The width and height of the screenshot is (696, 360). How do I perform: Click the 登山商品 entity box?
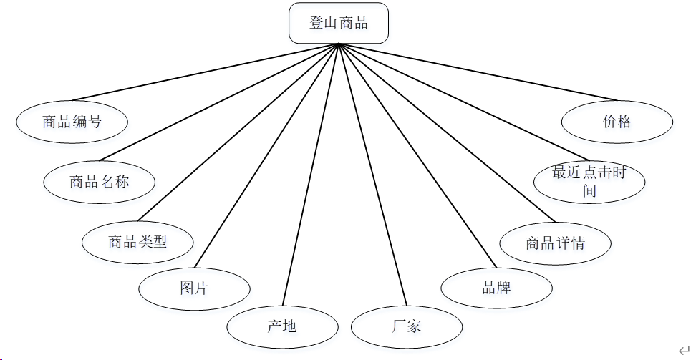(338, 23)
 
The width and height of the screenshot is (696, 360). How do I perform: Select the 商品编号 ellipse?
(72, 122)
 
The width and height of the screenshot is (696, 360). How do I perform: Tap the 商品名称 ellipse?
(99, 182)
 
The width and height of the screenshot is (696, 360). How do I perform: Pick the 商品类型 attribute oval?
(137, 242)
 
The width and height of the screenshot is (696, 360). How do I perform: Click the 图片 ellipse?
(194, 289)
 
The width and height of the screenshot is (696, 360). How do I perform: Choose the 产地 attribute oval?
(282, 327)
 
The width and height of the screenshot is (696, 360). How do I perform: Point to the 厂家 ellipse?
(406, 327)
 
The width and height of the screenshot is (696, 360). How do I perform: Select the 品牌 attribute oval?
(496, 288)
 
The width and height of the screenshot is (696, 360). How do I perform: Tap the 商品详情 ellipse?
(555, 243)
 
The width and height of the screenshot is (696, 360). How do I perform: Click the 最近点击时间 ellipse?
(589, 182)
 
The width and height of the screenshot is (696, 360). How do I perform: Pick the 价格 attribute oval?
(617, 122)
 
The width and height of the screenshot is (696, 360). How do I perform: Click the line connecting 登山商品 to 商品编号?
(204, 72)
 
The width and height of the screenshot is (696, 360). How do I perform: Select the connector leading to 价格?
(478, 72)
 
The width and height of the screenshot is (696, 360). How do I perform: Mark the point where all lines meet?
(338, 44)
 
